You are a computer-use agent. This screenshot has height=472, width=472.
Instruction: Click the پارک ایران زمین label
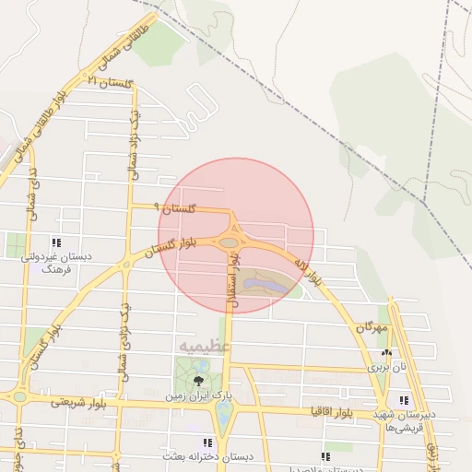tap(198, 395)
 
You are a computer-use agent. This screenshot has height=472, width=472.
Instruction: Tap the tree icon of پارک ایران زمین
tap(197, 379)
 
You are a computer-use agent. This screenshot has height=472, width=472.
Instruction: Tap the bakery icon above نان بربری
tap(386, 352)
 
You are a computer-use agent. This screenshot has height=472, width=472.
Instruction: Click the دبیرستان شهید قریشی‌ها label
tap(405, 421)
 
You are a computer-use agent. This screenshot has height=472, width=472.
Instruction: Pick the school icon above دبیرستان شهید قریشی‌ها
tap(404, 400)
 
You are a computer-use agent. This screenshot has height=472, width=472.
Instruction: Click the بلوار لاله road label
tap(309, 268)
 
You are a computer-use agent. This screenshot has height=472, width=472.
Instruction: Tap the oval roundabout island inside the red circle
tap(230, 242)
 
